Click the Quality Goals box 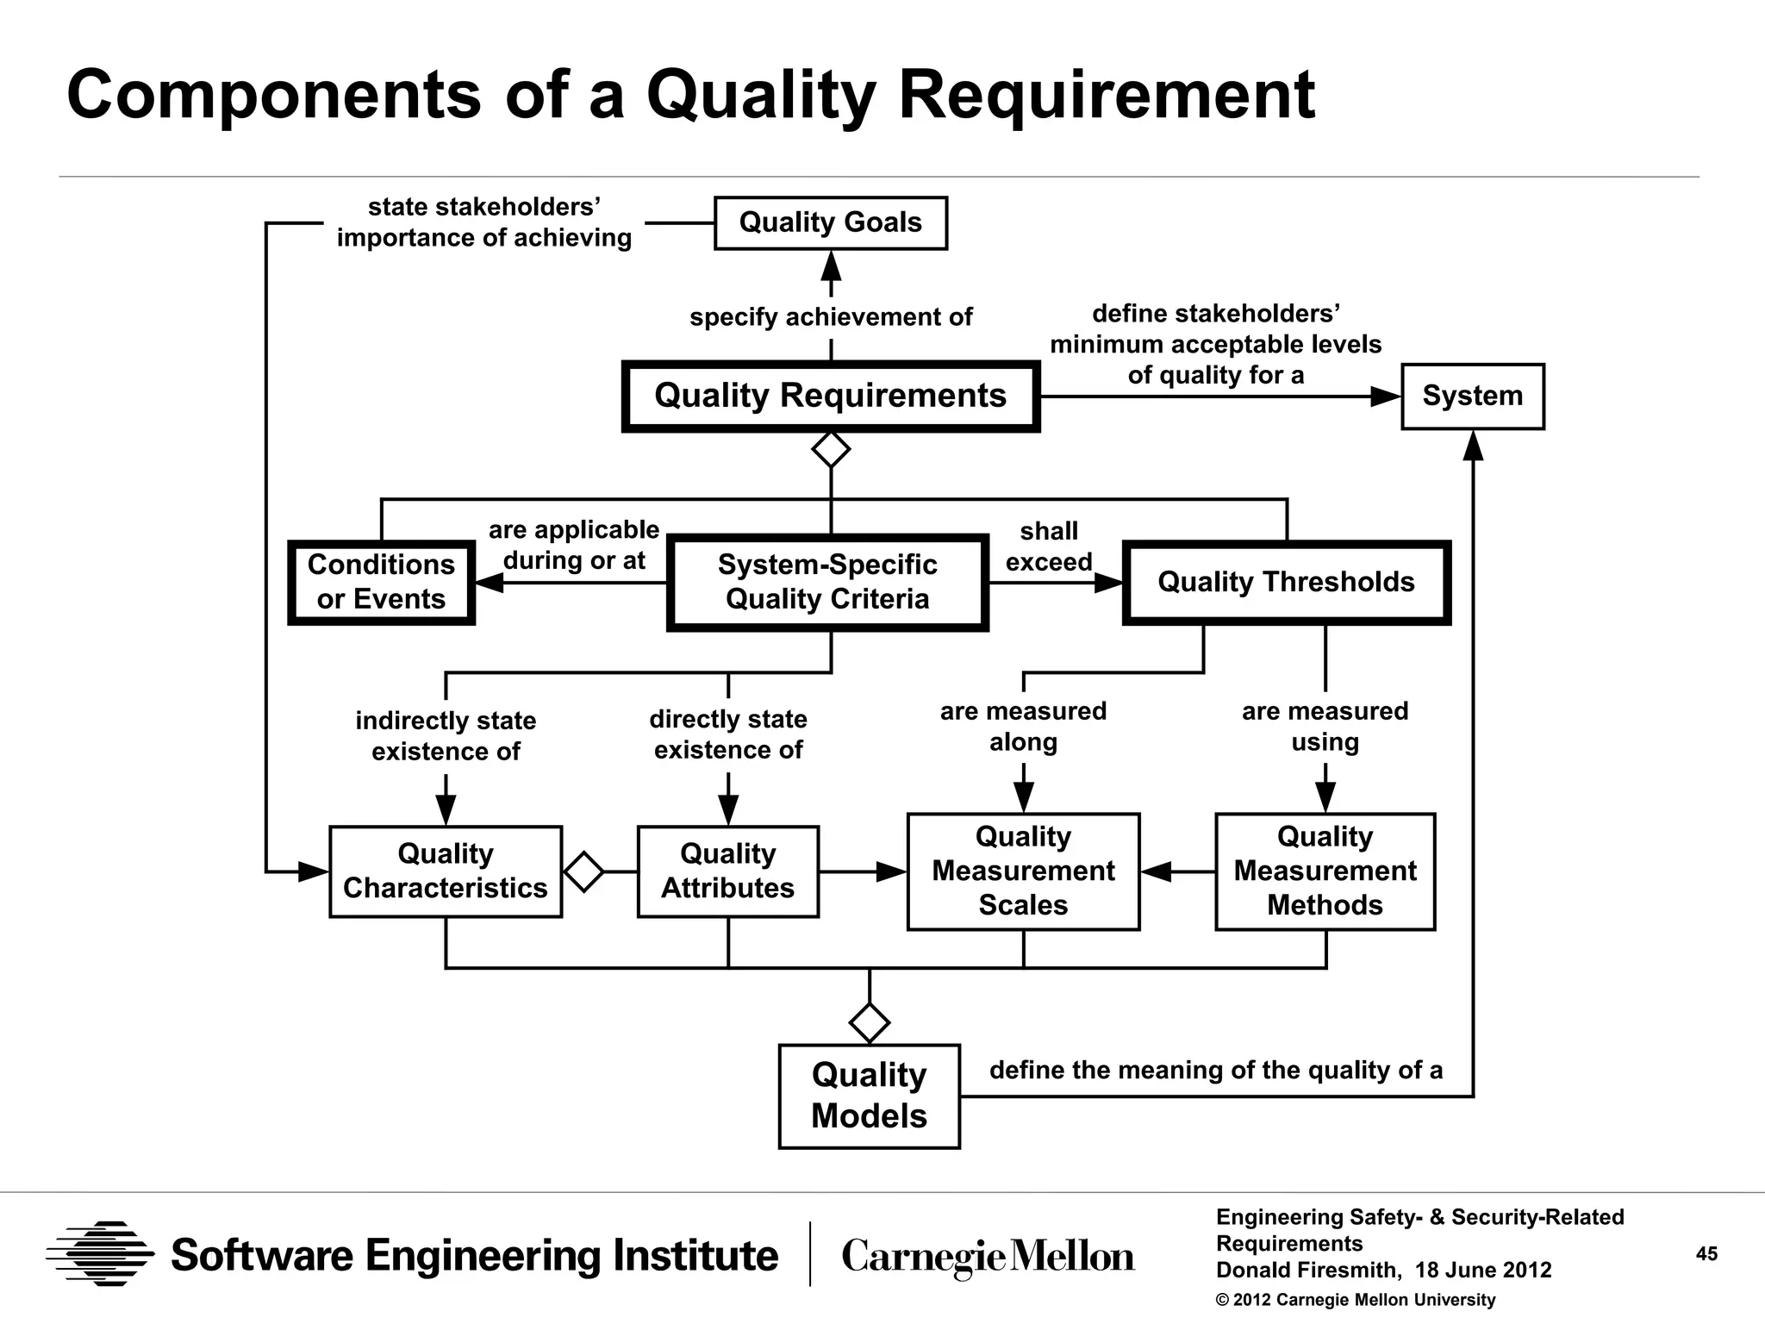(830, 223)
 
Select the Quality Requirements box (830, 397)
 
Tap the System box (1472, 397)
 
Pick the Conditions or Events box (381, 583)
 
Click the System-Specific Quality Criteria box (827, 583)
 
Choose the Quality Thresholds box (1286, 583)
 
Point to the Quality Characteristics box (446, 871)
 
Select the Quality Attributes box (727, 871)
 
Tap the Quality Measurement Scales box (1023, 871)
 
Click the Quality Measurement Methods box (1325, 871)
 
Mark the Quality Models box (869, 1096)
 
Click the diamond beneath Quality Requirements (831, 449)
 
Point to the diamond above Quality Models (869, 1023)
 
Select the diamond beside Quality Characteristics (583, 871)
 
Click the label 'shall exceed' (1049, 546)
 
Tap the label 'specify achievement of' (831, 317)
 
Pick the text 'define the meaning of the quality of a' (1215, 1071)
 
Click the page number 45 (1706, 1254)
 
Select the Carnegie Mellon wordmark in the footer (988, 1257)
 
